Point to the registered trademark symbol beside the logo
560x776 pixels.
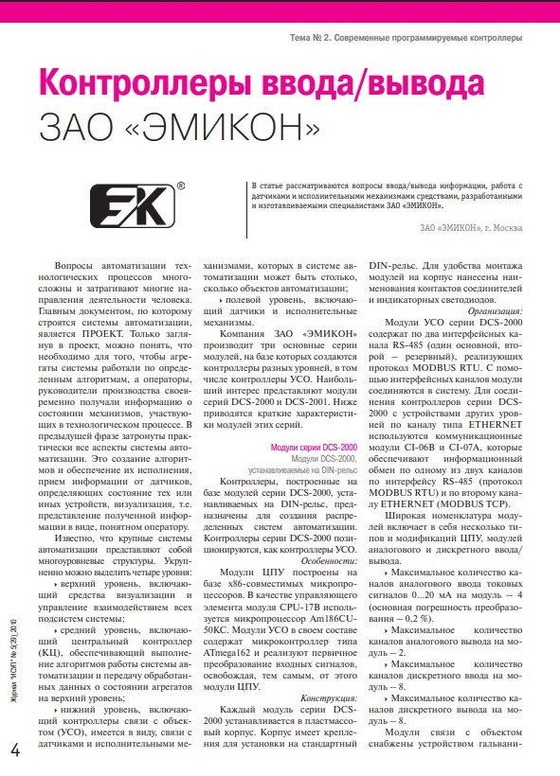(181, 187)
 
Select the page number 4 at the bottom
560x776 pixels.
(16, 750)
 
